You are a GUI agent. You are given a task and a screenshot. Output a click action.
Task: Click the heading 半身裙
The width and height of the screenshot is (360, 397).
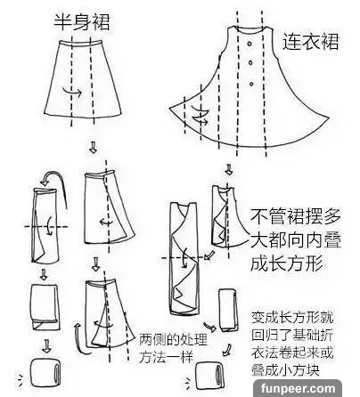82,21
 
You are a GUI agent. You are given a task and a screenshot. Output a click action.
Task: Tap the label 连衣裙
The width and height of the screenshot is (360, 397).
310,41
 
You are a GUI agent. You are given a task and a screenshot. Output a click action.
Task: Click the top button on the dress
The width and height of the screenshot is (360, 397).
250,44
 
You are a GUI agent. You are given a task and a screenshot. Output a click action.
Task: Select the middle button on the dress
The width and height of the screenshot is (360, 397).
250,63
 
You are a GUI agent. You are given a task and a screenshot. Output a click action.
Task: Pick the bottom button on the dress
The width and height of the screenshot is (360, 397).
251,85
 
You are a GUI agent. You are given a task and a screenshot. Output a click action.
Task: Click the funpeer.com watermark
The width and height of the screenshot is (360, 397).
298,388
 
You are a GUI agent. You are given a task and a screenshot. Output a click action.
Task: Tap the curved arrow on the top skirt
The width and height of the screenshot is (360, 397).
72,93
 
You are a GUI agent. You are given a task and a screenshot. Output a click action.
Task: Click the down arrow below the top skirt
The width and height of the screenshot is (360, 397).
93,147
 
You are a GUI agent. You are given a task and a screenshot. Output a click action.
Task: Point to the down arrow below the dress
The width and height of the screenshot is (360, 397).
229,170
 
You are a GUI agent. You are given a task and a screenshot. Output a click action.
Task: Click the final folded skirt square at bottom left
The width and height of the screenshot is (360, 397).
45,373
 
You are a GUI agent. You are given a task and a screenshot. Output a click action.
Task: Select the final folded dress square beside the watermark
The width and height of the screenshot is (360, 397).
209,376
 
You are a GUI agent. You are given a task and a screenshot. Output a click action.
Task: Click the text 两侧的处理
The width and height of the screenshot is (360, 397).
173,339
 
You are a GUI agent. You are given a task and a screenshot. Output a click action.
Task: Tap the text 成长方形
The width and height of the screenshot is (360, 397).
286,263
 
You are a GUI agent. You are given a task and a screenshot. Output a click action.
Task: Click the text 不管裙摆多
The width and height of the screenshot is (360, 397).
295,216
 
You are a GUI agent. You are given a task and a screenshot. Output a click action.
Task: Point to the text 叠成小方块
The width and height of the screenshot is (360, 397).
285,370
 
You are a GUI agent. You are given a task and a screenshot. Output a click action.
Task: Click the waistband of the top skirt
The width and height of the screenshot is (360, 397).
80,45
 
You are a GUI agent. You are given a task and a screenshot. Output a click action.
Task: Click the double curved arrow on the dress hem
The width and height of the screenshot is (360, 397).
200,115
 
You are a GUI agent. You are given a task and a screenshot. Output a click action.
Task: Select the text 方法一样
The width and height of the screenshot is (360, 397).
166,356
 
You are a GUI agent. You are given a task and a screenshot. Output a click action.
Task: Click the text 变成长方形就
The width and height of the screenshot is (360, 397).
292,318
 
